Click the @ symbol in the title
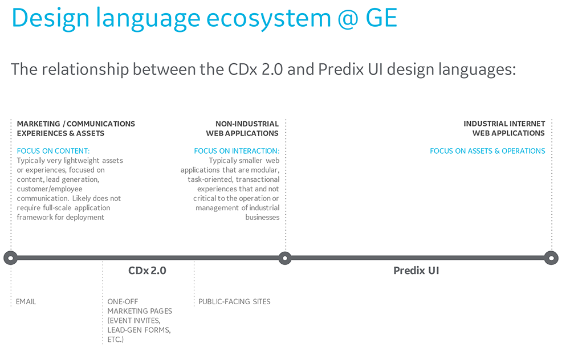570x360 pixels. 348,19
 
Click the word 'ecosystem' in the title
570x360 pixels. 268,19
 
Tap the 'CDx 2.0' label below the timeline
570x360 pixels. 147,271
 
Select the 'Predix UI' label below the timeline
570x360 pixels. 416,271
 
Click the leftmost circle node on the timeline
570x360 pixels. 10,258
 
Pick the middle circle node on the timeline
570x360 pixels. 285,258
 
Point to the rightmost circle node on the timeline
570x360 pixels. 551,258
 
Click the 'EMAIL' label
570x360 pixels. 26,301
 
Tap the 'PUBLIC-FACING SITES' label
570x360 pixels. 234,301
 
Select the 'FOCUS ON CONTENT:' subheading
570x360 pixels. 53,151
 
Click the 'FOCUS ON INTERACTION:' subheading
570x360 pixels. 237,151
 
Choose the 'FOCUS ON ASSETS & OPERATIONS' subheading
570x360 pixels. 487,151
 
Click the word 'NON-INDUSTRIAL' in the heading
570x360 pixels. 247,124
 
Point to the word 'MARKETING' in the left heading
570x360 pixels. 39,124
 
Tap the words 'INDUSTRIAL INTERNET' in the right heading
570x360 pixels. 504,124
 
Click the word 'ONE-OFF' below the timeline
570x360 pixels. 123,301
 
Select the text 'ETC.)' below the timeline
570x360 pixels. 116,339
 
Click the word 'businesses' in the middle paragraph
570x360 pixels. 262,217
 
